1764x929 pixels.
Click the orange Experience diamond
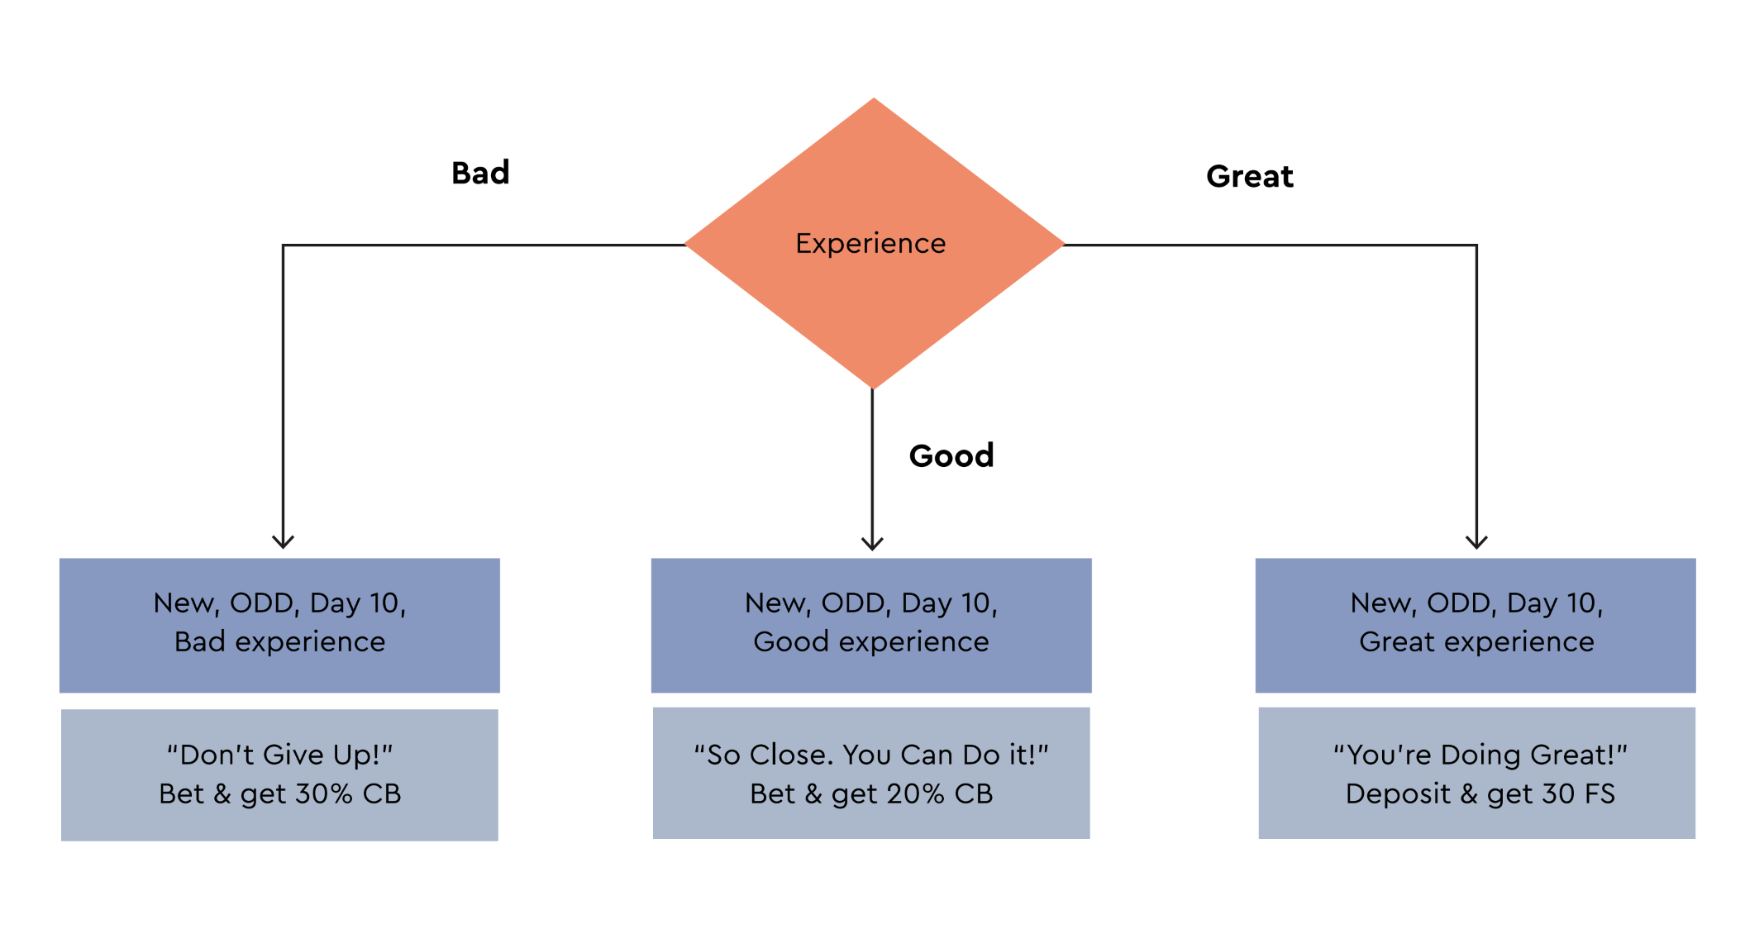pos(874,244)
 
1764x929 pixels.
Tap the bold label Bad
pos(480,173)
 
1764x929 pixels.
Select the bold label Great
pos(1250,176)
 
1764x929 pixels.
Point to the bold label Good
pos(951,455)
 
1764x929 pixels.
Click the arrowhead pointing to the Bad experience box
pos(283,542)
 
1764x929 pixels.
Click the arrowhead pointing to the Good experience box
pos(872,543)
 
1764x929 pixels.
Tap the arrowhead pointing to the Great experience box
pos(1476,542)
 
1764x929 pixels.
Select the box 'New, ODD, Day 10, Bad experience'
pos(279,626)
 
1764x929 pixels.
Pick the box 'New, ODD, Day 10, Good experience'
pos(871,626)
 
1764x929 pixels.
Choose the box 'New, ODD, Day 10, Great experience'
pos(1476,626)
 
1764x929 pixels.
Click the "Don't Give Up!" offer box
pos(279,775)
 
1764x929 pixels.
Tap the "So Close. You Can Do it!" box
pos(871,774)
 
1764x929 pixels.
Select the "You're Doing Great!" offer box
pos(1477,774)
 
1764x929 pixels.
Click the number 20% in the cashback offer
pos(915,794)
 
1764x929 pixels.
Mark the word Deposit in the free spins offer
pos(1398,794)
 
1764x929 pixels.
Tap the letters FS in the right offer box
pos(1600,794)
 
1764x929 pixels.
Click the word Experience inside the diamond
pos(870,244)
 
